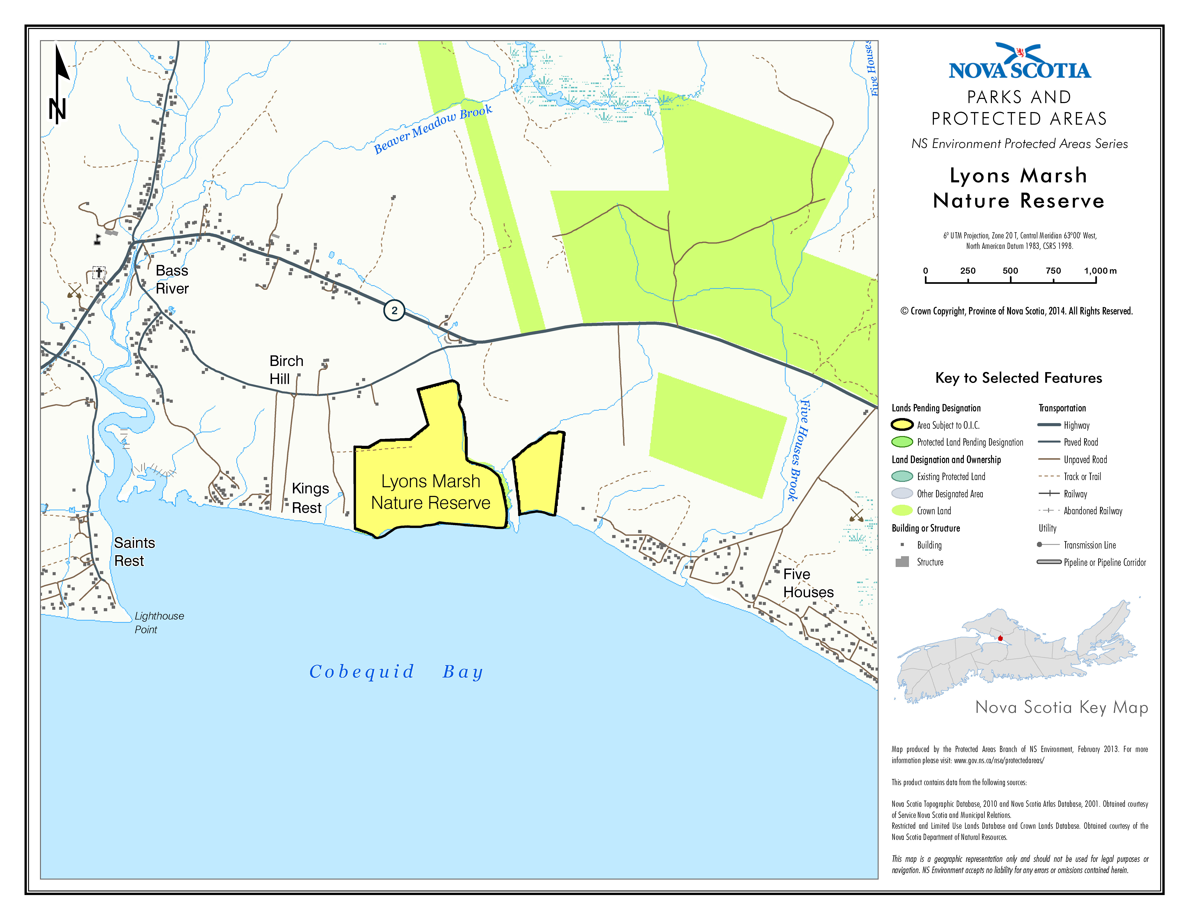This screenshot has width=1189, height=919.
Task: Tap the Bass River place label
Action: [x=172, y=279]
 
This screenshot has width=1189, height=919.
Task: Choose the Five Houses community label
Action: [x=808, y=583]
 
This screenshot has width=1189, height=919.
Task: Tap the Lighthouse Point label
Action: [x=159, y=622]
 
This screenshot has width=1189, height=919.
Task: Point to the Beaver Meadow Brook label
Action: [x=433, y=129]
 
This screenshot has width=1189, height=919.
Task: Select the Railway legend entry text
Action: [x=1075, y=494]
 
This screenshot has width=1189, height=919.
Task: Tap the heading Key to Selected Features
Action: [x=1018, y=378]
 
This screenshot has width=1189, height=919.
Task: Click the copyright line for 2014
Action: [x=1016, y=311]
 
